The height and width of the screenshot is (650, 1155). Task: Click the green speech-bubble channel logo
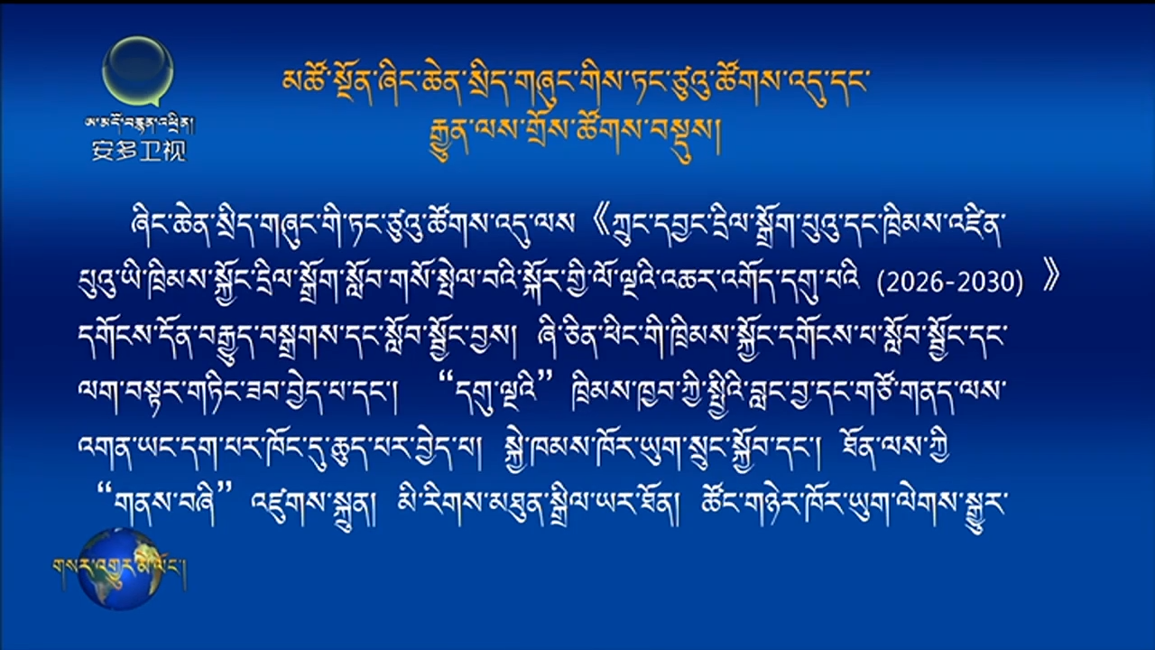pyautogui.click(x=138, y=71)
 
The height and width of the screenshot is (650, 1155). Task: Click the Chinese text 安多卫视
pyautogui.click(x=139, y=151)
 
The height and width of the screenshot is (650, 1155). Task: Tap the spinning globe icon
pyautogui.click(x=121, y=569)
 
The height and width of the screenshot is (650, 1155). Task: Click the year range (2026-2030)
pyautogui.click(x=950, y=283)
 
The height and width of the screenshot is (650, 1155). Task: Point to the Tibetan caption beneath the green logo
pyautogui.click(x=139, y=124)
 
